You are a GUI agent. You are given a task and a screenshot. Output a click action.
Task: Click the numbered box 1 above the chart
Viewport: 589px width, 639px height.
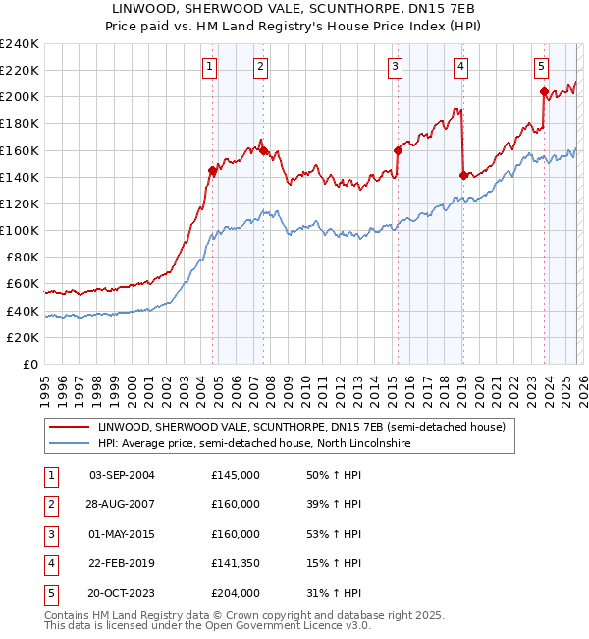(x=211, y=67)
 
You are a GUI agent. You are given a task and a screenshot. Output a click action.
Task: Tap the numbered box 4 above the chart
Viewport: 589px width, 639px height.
(x=460, y=67)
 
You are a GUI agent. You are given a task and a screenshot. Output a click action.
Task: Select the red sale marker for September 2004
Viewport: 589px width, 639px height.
(x=212, y=170)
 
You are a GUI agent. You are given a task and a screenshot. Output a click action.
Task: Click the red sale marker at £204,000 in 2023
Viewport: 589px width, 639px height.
(x=544, y=92)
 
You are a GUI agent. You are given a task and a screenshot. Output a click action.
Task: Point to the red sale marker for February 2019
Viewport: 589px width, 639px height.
(x=462, y=175)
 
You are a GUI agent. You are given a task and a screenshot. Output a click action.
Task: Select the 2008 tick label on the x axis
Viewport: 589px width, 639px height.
(x=271, y=388)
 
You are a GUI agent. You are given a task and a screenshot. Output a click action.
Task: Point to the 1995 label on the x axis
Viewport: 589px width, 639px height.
(x=45, y=388)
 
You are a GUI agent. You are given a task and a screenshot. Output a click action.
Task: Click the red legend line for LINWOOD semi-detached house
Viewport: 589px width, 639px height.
(x=68, y=428)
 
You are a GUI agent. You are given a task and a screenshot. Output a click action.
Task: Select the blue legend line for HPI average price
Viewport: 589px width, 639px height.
(x=68, y=444)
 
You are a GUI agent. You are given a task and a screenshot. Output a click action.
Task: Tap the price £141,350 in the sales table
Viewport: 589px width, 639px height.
(x=236, y=563)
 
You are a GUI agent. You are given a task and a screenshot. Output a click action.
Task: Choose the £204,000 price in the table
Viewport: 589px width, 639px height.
(x=236, y=593)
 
